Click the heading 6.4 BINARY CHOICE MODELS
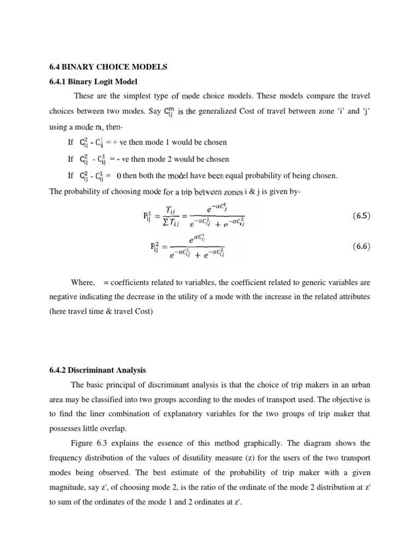108,67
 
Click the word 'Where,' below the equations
83,282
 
